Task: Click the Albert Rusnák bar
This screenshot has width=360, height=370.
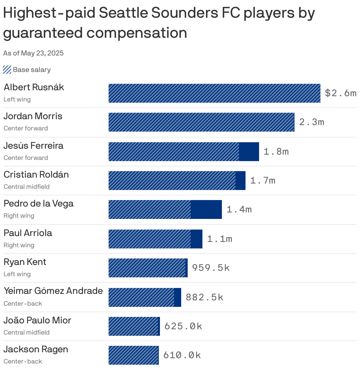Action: [x=214, y=93]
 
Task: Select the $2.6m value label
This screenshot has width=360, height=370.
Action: [x=341, y=93]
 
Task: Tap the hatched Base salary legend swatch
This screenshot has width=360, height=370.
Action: [x=7, y=70]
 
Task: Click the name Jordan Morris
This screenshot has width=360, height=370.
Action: [x=33, y=116]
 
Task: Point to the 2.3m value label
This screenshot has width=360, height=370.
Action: [x=312, y=122]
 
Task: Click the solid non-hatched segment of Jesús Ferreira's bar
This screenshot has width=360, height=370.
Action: [x=249, y=152]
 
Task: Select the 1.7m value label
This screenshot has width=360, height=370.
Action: [x=263, y=181]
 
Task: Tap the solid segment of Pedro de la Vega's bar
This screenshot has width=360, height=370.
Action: [x=206, y=209]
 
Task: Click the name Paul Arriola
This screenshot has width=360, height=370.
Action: [x=28, y=233]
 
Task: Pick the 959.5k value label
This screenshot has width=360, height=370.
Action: [x=211, y=268]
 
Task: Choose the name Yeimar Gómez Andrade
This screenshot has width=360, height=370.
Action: [x=53, y=291]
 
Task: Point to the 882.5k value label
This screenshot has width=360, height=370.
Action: [x=204, y=297]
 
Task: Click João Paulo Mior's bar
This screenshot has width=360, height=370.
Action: [x=134, y=326]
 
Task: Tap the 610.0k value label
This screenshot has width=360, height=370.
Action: [x=182, y=355]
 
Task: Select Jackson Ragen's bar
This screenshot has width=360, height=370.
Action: [x=133, y=355]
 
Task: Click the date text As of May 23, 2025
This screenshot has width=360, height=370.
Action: [x=33, y=53]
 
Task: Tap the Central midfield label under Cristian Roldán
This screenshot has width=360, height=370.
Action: [x=27, y=187]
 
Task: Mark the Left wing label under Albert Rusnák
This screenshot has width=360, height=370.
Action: [x=17, y=99]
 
